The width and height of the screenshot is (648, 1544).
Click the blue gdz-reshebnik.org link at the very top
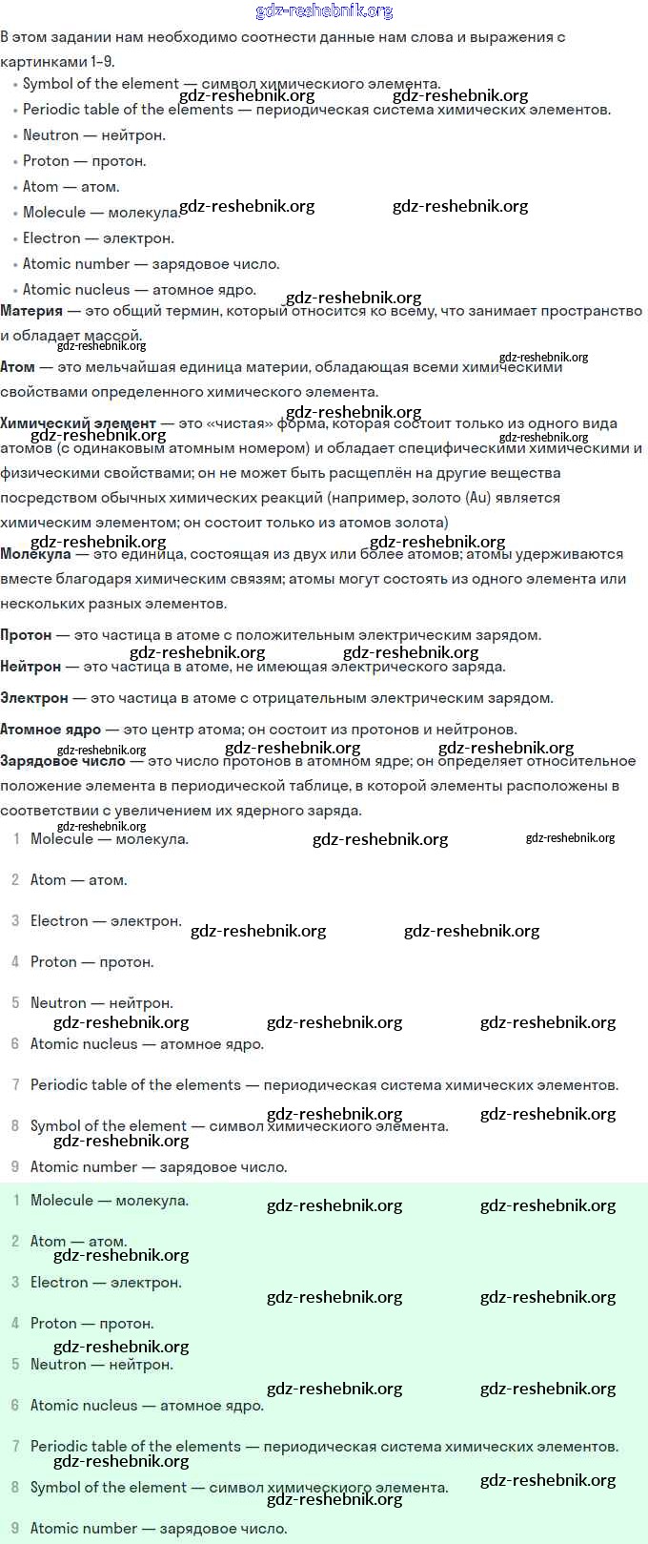click(x=324, y=11)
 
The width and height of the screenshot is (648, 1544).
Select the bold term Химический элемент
click(x=78, y=423)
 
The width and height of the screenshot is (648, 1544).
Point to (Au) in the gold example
click(x=477, y=498)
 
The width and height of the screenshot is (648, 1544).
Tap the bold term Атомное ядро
click(x=51, y=730)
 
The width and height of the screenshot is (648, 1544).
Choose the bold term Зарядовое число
click(x=63, y=761)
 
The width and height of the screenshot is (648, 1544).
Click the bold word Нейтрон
click(x=30, y=667)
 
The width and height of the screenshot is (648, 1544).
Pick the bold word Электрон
click(x=34, y=698)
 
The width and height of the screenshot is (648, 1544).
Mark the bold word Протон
click(x=27, y=635)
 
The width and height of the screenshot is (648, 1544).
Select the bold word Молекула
click(x=35, y=554)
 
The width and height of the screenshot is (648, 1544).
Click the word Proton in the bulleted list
click(x=46, y=161)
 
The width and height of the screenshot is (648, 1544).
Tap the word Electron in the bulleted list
click(x=51, y=238)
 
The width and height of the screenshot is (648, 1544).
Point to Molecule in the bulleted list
click(x=54, y=213)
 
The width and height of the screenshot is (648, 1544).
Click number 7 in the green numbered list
click(x=15, y=1447)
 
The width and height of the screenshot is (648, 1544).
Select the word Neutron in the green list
click(x=58, y=1365)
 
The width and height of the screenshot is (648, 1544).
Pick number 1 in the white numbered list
click(x=16, y=839)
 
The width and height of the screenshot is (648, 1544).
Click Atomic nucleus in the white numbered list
click(x=84, y=1044)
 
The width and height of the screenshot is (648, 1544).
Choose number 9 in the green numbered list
click(x=15, y=1529)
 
